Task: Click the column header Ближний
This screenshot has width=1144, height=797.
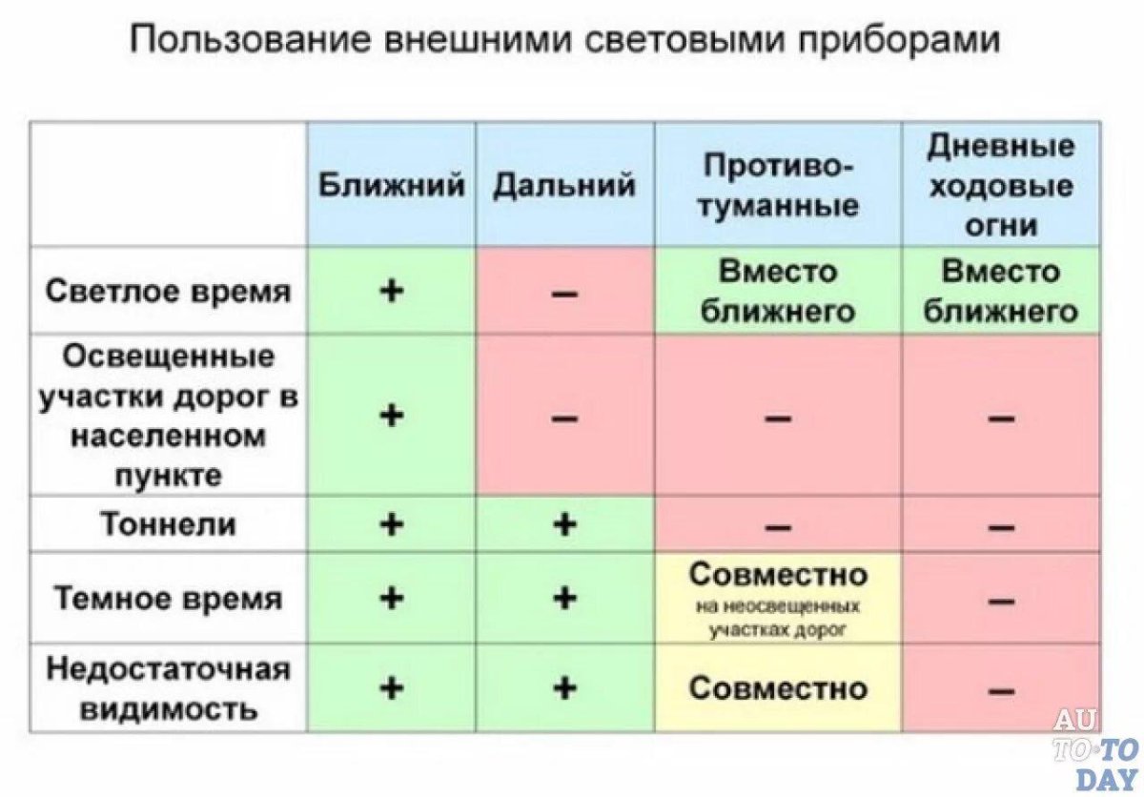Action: (391, 185)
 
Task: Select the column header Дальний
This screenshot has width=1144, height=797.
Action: (564, 185)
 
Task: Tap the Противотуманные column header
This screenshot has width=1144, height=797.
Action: (778, 186)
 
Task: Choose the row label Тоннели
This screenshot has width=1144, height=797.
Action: (168, 524)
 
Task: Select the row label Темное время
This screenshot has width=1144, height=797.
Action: (168, 599)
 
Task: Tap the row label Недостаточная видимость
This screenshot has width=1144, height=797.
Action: (168, 688)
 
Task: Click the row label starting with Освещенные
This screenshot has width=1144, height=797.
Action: (168, 415)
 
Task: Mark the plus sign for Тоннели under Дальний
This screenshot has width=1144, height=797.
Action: (564, 523)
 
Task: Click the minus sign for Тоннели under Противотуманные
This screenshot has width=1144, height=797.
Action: (778, 526)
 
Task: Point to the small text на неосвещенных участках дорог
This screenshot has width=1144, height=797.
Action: (778, 618)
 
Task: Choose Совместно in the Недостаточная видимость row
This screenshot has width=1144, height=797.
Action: (778, 687)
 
